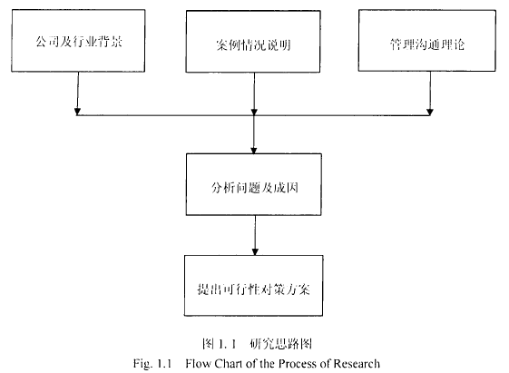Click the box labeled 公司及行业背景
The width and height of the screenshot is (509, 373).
click(x=78, y=41)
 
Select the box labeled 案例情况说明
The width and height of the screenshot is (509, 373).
click(x=253, y=42)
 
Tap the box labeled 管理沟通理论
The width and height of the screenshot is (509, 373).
click(x=427, y=41)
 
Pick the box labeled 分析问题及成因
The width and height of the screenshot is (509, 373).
click(x=254, y=184)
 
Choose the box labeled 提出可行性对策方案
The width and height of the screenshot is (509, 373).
click(x=253, y=286)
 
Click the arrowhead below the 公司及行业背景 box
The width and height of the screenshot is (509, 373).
click(x=77, y=112)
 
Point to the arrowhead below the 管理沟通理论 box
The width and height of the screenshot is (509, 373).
click(x=430, y=112)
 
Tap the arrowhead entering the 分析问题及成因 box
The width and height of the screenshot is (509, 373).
click(x=254, y=151)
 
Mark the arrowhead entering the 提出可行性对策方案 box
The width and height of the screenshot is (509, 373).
click(x=255, y=252)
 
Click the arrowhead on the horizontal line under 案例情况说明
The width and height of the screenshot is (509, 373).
click(x=254, y=112)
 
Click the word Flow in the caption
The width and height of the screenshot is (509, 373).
click(x=198, y=363)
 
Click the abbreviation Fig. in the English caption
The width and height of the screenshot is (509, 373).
click(x=142, y=364)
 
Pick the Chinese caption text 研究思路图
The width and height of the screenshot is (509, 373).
click(x=281, y=343)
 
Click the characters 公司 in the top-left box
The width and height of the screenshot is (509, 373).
click(x=47, y=42)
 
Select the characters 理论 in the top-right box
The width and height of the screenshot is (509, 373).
click(x=453, y=44)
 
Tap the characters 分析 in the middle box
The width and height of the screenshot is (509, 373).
click(x=223, y=188)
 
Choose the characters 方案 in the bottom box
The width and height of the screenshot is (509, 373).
click(x=298, y=289)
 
